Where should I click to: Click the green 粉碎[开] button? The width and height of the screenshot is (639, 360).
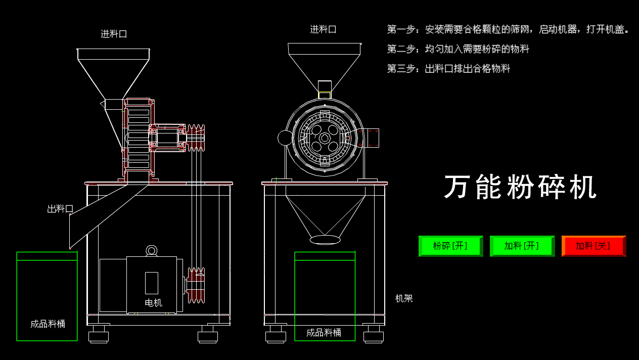[x=450, y=246]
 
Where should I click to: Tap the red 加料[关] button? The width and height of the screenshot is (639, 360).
[x=593, y=246]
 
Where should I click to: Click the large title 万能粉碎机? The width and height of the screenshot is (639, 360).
[x=520, y=187]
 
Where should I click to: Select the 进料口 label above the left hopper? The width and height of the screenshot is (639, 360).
[x=114, y=34]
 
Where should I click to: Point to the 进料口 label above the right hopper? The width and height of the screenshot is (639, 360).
[x=323, y=29]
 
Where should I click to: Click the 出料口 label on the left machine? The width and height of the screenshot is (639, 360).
[x=60, y=209]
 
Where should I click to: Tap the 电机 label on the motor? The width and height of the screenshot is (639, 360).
[x=153, y=303]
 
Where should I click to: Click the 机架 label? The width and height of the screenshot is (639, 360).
[x=404, y=298]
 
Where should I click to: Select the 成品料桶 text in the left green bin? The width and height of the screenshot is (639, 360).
[x=48, y=324]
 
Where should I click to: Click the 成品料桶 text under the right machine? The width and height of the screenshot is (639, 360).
[x=324, y=333]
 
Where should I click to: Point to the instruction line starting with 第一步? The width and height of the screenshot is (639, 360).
[x=508, y=29]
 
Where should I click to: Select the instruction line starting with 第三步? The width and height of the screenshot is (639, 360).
[x=448, y=68]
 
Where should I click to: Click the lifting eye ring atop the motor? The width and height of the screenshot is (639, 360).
[x=152, y=250]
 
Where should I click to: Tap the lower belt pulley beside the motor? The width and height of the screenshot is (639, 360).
[x=196, y=285]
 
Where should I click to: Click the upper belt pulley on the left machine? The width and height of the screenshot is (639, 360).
[x=196, y=138]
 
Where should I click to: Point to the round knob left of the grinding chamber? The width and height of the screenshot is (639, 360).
[x=285, y=138]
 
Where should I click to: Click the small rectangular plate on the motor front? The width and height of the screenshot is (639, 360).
[x=151, y=283]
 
